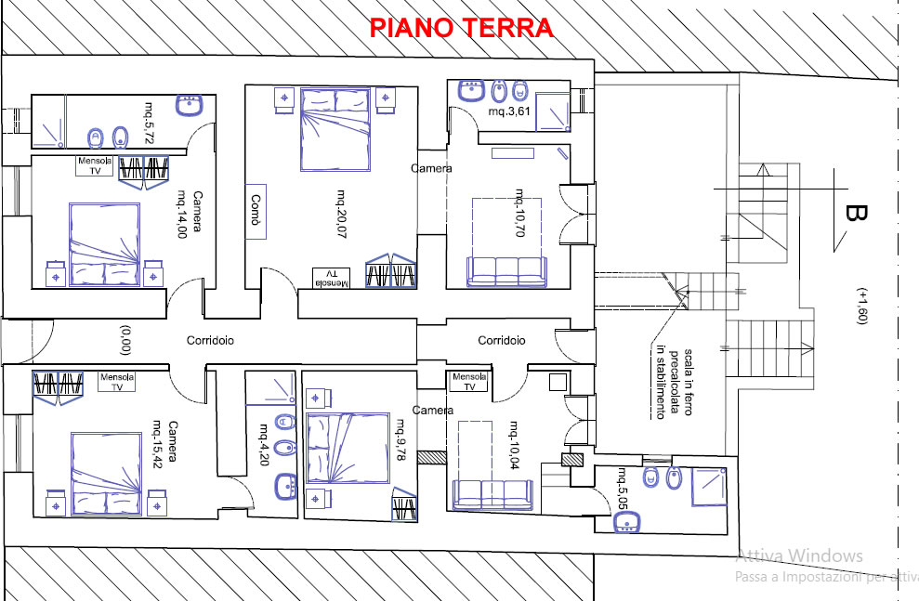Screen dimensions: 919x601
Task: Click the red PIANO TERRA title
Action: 461,28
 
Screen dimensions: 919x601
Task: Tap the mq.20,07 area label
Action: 340,214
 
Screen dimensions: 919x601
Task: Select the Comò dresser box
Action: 256,212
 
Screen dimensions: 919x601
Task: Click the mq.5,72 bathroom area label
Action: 151,123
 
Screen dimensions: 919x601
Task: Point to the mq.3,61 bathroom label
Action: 509,111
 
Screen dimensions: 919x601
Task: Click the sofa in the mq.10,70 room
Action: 506,271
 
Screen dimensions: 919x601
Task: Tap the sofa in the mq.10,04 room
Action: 492,494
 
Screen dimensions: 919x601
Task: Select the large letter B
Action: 856,214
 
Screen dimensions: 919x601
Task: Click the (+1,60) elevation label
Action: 861,306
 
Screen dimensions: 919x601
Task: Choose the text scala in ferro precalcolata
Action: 680,383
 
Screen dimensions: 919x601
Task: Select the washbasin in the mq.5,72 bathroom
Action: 189,105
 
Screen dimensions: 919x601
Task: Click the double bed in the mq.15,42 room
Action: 106,474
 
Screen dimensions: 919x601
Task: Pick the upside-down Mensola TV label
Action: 331,279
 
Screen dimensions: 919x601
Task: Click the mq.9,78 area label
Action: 400,439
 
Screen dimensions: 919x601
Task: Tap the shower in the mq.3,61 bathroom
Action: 553,111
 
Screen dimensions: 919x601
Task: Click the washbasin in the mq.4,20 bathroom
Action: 286,487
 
